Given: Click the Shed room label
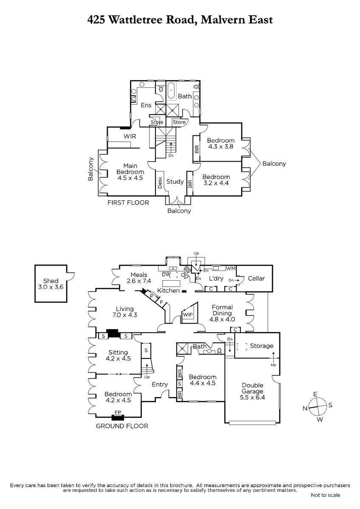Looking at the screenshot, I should coord(51,284).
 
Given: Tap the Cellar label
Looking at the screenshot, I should coord(256,279).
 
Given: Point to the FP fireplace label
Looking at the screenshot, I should coord(118,412).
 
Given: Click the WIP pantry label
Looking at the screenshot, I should coord(187,315).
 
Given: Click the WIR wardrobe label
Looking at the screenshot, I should coord(129,137).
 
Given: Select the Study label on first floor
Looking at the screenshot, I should coord(175,182).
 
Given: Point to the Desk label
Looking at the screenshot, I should coord(160,183).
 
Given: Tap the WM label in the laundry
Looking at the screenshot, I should coord(231,269).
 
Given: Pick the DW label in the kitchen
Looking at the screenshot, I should coord(166,274).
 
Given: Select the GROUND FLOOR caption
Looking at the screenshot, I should coord(122,426).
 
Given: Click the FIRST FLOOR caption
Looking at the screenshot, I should coord(128,203).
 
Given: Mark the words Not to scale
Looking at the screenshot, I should coord(325,495).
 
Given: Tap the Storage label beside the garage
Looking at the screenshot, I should coord(262,346).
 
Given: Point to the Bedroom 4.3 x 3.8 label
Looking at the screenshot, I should coord(221,144).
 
